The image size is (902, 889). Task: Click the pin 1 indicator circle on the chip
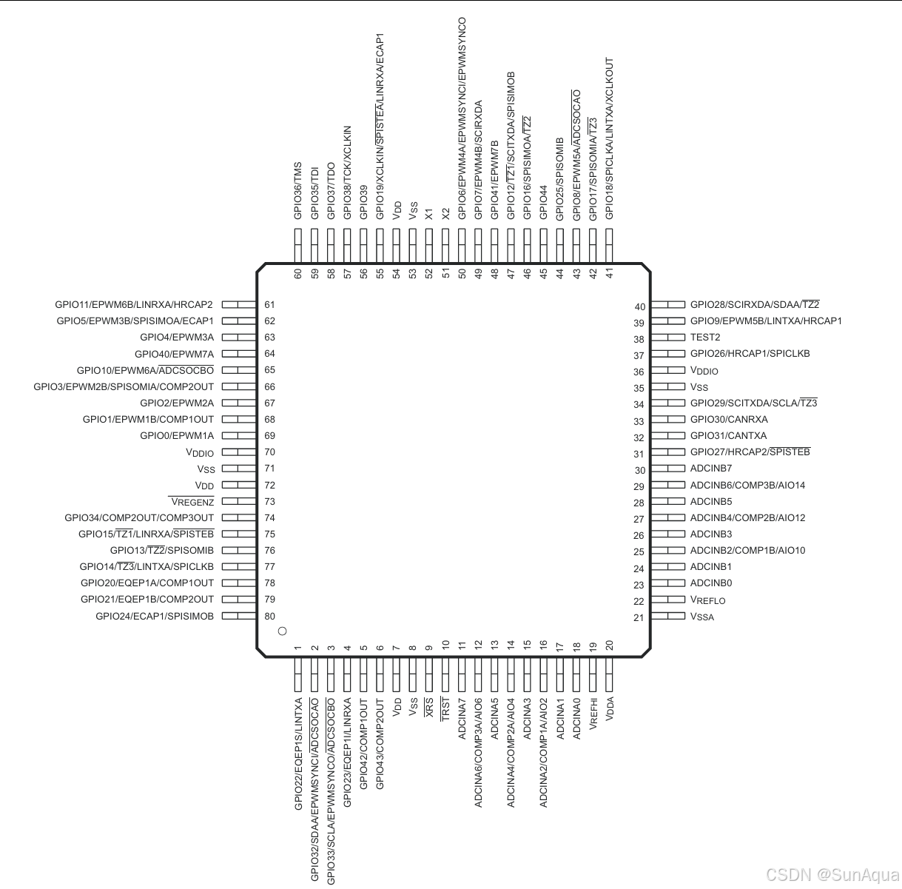[x=281, y=631]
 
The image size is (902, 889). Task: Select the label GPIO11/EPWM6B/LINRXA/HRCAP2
[x=134, y=304]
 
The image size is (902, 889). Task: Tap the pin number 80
[x=269, y=616]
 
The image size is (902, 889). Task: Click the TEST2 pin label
[x=705, y=337]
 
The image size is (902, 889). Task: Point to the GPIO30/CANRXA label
[x=729, y=419]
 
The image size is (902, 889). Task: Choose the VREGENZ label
[x=192, y=502]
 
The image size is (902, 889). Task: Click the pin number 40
[x=640, y=306]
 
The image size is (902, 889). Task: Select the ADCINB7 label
[x=711, y=468]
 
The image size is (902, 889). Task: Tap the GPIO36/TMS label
[x=298, y=190]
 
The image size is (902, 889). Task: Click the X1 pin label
[x=429, y=213]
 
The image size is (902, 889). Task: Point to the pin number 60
[x=298, y=273]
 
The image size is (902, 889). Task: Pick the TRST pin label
[x=445, y=708]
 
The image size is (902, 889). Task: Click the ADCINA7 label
[x=462, y=718]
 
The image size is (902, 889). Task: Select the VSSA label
[x=702, y=617]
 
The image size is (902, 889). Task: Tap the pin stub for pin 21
[x=668, y=616]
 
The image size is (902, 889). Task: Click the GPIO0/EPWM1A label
[x=177, y=435]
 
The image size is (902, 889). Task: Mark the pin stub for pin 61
[x=238, y=304]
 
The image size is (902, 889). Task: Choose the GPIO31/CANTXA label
[x=728, y=435]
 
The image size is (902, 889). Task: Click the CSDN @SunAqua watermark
[x=832, y=876]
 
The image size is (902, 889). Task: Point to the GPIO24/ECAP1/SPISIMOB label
[x=155, y=616]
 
